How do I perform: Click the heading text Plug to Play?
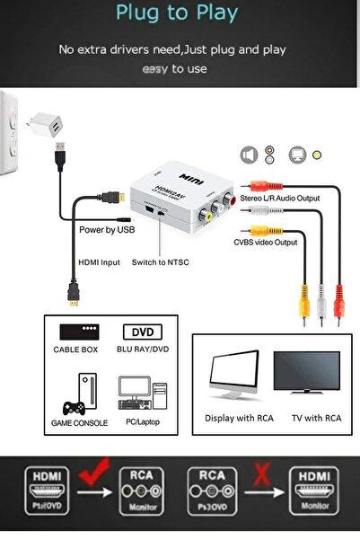[180, 13]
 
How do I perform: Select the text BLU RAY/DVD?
[143, 350]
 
